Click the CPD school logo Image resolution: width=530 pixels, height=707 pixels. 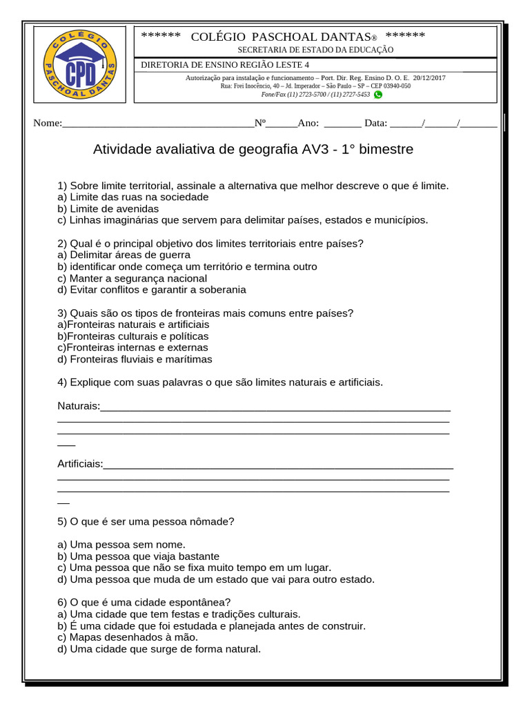(79, 64)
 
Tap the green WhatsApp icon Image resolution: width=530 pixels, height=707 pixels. (377, 95)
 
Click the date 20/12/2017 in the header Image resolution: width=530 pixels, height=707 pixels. (429, 78)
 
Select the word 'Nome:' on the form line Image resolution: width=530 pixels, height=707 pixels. (48, 124)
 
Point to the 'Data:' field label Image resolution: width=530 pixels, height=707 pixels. (376, 124)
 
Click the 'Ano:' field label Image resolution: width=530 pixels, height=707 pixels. (308, 124)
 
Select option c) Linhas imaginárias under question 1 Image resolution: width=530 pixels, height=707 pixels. (243, 220)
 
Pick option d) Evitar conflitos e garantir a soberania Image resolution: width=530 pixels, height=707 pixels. (152, 289)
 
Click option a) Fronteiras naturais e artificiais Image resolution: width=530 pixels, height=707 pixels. (133, 324)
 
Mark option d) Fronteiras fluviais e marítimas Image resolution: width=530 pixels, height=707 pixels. (135, 359)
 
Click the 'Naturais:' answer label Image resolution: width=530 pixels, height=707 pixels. (79, 405)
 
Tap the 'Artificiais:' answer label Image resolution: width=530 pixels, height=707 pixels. (80, 463)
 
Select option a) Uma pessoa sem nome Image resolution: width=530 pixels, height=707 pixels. (121, 544)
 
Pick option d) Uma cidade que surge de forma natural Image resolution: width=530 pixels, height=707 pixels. (159, 649)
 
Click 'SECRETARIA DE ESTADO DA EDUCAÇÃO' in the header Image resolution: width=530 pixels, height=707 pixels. (315, 50)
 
